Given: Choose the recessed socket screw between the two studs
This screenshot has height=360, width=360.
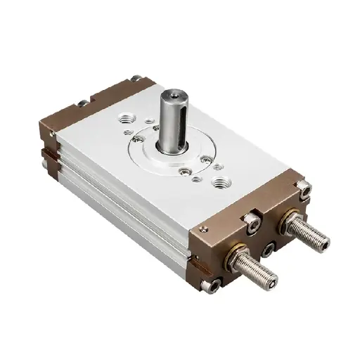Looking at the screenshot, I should tap(268, 248).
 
